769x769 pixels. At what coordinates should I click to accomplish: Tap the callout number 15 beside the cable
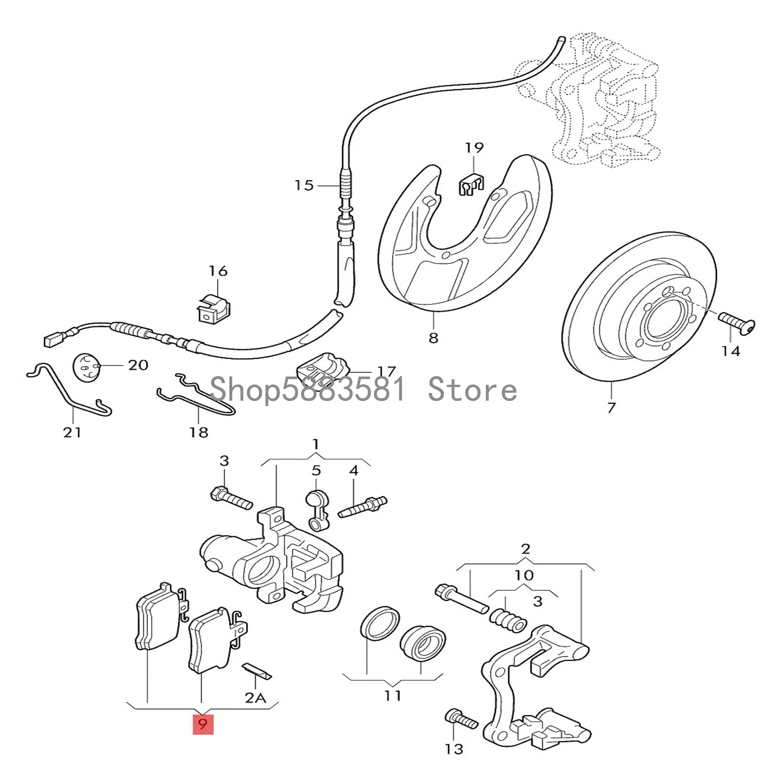(x=304, y=186)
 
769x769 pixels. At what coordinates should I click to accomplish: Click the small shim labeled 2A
(x=257, y=672)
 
